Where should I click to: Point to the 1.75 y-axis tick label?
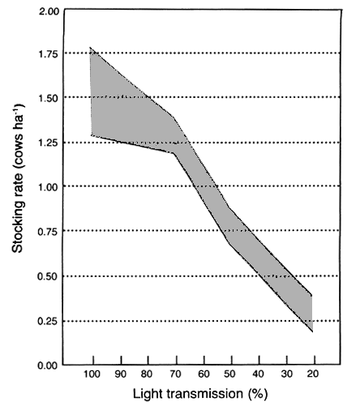[50, 53]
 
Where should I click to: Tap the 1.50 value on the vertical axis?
[50, 97]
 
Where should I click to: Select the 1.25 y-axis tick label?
[50, 143]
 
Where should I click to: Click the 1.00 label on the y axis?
[50, 186]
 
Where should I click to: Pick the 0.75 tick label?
[50, 231]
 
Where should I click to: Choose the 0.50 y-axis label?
[50, 276]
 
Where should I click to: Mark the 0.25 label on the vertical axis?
[50, 321]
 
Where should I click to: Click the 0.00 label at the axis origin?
[50, 365]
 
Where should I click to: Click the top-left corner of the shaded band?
[92, 48]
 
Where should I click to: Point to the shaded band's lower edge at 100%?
[92, 135]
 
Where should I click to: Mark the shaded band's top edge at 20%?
[312, 295]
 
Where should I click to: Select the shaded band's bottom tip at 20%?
[312, 331]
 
